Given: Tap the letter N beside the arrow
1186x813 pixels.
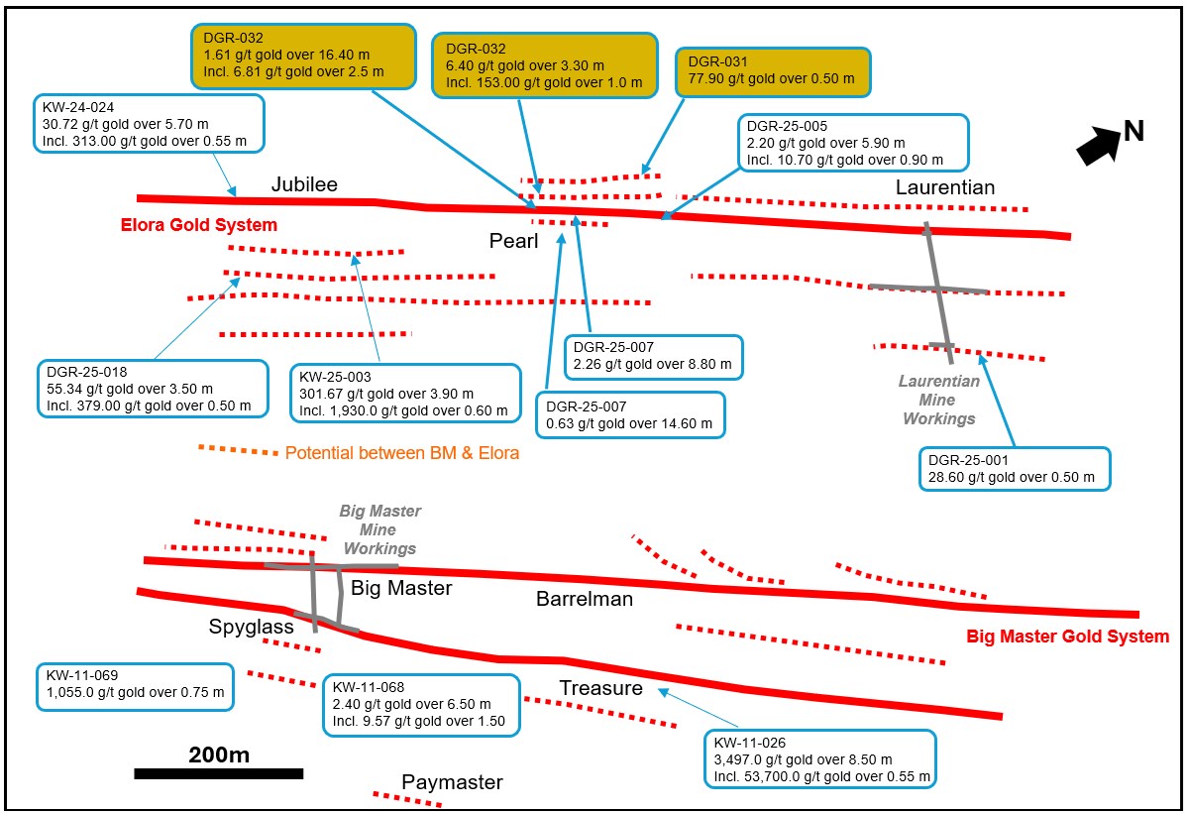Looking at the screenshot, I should [1133, 131].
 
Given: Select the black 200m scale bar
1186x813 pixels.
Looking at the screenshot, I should [218, 772].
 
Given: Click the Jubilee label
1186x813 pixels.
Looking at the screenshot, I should [305, 184].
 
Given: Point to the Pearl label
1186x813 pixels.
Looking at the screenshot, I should [513, 241].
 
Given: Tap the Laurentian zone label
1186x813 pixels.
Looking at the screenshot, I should [945, 187].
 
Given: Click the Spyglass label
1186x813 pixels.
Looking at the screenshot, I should [251, 627].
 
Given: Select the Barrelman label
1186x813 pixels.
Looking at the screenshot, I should [585, 599].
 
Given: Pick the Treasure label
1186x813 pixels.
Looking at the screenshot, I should [600, 687].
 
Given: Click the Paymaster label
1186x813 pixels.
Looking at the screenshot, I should [452, 782].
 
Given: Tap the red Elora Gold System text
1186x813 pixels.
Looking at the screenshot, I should [199, 224].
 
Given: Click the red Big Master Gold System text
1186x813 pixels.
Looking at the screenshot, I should [1067, 636].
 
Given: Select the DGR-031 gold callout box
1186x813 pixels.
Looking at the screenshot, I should [773, 71].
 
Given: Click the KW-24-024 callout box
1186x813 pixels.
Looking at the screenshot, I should [150, 123].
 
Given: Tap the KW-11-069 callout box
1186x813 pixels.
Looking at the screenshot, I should [135, 685].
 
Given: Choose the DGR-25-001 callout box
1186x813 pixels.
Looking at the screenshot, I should [1014, 469].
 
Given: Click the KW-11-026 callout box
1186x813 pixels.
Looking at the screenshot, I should [818, 758].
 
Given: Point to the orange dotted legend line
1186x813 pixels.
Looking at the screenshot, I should [238, 451].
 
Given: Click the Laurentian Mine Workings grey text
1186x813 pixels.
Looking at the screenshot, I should [938, 400].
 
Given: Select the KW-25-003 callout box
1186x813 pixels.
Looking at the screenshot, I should [403, 393].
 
